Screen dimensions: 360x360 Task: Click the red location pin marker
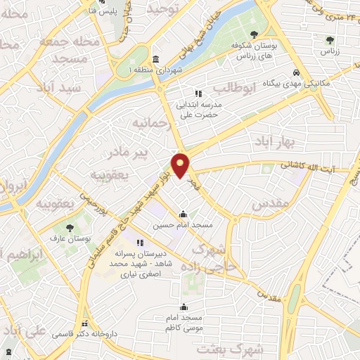pos(181,165)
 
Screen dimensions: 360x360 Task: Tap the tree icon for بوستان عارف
pos(70,227)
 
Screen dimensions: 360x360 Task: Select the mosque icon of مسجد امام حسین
pos(183,214)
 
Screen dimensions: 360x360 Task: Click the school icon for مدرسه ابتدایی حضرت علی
pos(198,92)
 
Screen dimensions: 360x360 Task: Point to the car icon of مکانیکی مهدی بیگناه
pos(297,72)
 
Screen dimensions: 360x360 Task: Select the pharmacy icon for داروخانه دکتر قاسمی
pos(85,324)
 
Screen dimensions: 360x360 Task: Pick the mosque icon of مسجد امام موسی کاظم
pos(184,307)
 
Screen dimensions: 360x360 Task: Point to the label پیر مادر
pos(115,152)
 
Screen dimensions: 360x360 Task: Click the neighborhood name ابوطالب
pos(229,88)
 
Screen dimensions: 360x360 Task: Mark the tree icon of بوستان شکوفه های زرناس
pos(253,34)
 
